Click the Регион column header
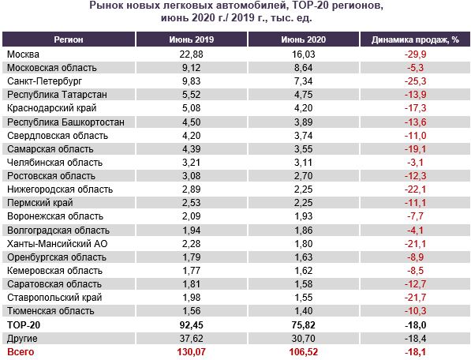(x=69, y=39)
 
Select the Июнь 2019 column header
(x=192, y=39)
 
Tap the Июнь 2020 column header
(x=304, y=39)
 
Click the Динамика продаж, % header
(x=415, y=39)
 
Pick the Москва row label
(x=23, y=54)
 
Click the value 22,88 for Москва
(x=192, y=54)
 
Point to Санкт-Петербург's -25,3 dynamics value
(x=415, y=81)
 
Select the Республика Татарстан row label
(x=57, y=95)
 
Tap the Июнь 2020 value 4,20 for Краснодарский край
(x=304, y=108)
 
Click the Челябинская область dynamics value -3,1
(x=415, y=163)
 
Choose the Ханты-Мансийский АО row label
(x=58, y=244)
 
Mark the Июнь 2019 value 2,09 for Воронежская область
(x=192, y=216)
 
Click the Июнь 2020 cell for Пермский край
(x=304, y=203)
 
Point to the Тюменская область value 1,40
(x=304, y=311)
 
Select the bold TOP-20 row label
(x=24, y=325)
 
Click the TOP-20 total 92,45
(x=192, y=325)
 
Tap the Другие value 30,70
(x=304, y=339)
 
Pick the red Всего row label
(x=21, y=352)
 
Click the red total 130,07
(x=192, y=352)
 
